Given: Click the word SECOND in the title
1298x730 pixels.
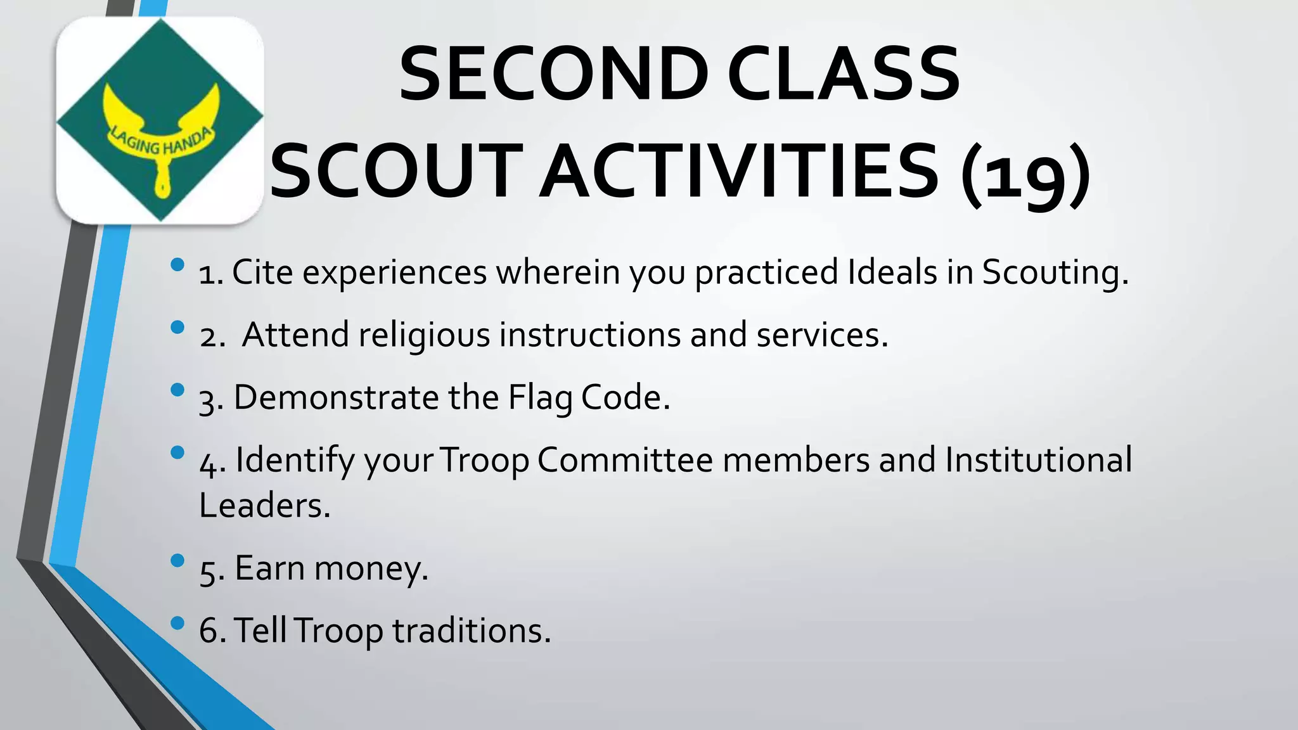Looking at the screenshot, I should tap(553, 75).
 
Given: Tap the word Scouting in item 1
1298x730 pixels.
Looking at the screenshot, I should tap(1055, 272).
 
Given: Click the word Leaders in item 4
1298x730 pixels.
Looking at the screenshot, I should tap(264, 506).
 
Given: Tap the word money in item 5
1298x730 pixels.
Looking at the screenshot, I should tap(371, 568).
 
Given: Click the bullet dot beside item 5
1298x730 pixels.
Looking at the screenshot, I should tap(177, 560).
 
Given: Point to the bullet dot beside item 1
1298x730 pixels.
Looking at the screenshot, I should tap(177, 264).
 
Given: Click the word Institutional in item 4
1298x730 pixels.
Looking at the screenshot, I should tap(1038, 460).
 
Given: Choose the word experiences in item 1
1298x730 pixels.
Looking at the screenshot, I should tap(394, 272).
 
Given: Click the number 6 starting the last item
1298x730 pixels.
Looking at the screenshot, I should tap(209, 631).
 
